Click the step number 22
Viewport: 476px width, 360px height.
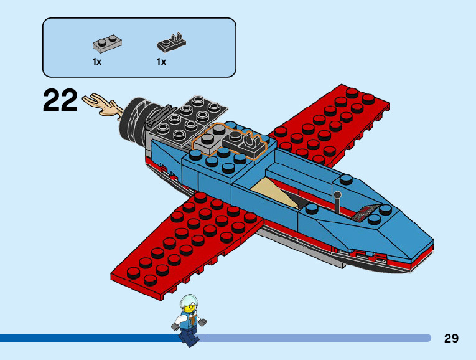tap(60, 101)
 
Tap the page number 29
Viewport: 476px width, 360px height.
tap(451, 338)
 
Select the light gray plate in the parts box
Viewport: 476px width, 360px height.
tap(106, 43)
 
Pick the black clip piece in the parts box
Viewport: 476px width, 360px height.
tap(170, 43)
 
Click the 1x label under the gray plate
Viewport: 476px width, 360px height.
tap(97, 62)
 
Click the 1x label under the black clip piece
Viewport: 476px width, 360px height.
tap(161, 62)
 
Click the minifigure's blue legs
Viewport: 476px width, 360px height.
tap(187, 335)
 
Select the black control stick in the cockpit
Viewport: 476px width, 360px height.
tap(337, 202)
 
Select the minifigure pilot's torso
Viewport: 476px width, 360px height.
tap(189, 321)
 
